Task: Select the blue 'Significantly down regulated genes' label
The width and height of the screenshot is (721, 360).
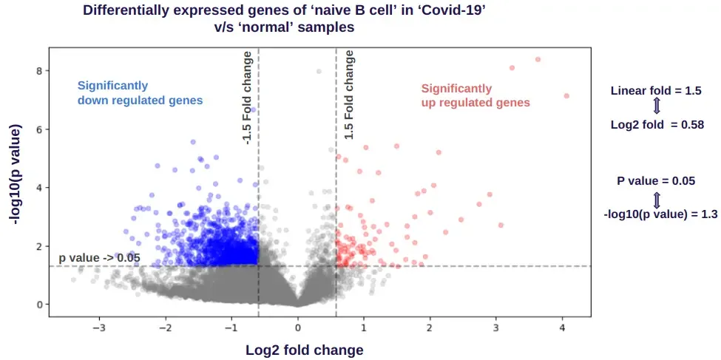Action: (x=140, y=93)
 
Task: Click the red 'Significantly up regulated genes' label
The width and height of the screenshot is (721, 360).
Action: (x=475, y=95)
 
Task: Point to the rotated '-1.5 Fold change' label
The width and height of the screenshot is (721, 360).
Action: (x=248, y=98)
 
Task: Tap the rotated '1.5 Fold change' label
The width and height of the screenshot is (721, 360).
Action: (x=349, y=95)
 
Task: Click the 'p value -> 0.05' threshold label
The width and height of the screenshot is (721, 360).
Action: (x=99, y=258)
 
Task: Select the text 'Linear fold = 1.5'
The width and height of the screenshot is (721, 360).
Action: (x=656, y=91)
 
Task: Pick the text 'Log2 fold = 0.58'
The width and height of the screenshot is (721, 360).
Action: (x=657, y=125)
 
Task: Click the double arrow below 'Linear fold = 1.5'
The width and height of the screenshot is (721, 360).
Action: (x=656, y=108)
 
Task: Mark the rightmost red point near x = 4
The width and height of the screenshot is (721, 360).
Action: (x=566, y=96)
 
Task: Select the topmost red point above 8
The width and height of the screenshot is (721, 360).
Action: (x=538, y=59)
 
